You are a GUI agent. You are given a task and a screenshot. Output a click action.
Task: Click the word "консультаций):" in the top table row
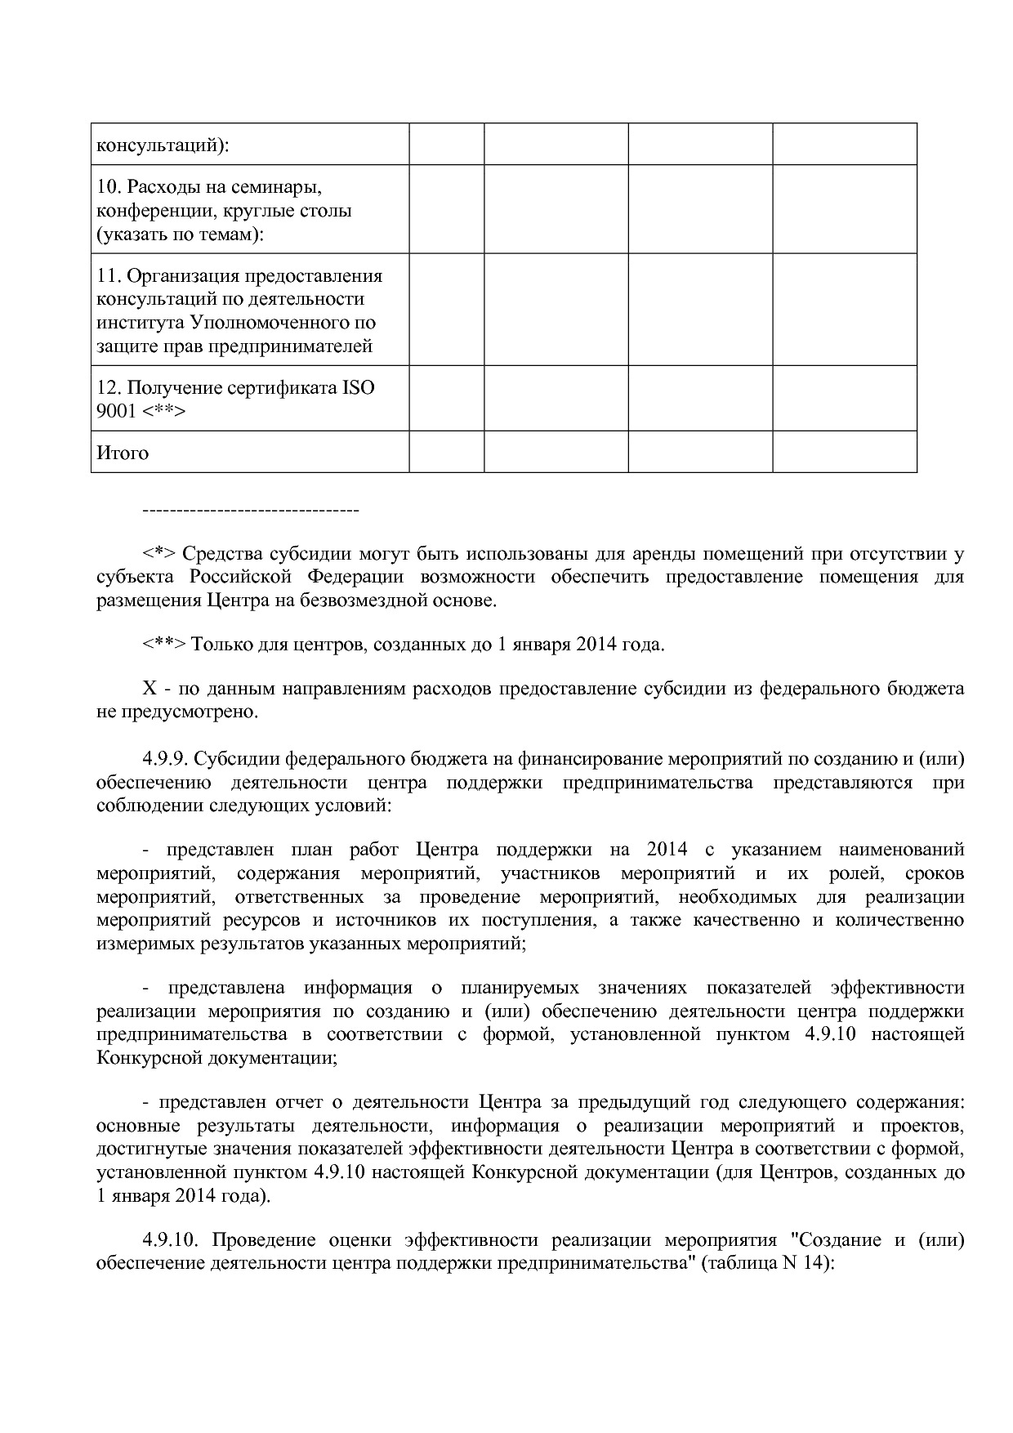coord(163,145)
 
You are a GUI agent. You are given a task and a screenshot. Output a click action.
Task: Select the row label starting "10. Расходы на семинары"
coord(208,187)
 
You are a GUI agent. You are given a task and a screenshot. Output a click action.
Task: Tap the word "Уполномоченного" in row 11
coord(278,323)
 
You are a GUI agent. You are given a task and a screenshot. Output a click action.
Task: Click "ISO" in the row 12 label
coord(359,387)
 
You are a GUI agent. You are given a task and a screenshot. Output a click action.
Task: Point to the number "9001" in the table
coord(116,411)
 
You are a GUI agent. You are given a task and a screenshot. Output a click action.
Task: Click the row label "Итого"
coord(123,453)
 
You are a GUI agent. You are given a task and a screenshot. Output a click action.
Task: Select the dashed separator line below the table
coord(251,511)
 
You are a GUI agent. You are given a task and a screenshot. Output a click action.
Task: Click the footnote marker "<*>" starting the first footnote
coord(159,554)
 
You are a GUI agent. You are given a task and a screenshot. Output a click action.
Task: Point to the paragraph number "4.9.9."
coord(167,759)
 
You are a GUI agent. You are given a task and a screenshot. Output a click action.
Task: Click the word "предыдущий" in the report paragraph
coord(623,1102)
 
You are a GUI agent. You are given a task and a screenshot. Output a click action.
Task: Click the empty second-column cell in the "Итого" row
coord(446,452)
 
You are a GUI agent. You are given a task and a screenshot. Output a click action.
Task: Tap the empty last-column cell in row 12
coord(844,398)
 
